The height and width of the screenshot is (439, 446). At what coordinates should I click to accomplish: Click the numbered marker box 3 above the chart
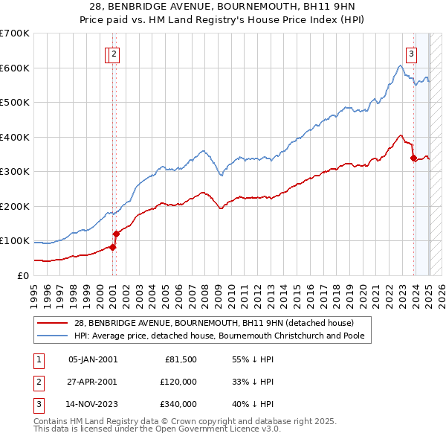[x=411, y=53]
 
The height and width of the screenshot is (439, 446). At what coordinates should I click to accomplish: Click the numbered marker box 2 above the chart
[x=114, y=53]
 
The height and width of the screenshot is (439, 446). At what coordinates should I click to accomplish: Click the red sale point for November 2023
[x=413, y=157]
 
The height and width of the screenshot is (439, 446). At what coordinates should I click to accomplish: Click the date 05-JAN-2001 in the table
[x=92, y=359]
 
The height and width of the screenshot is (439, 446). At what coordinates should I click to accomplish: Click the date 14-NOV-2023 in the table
[x=93, y=404]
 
